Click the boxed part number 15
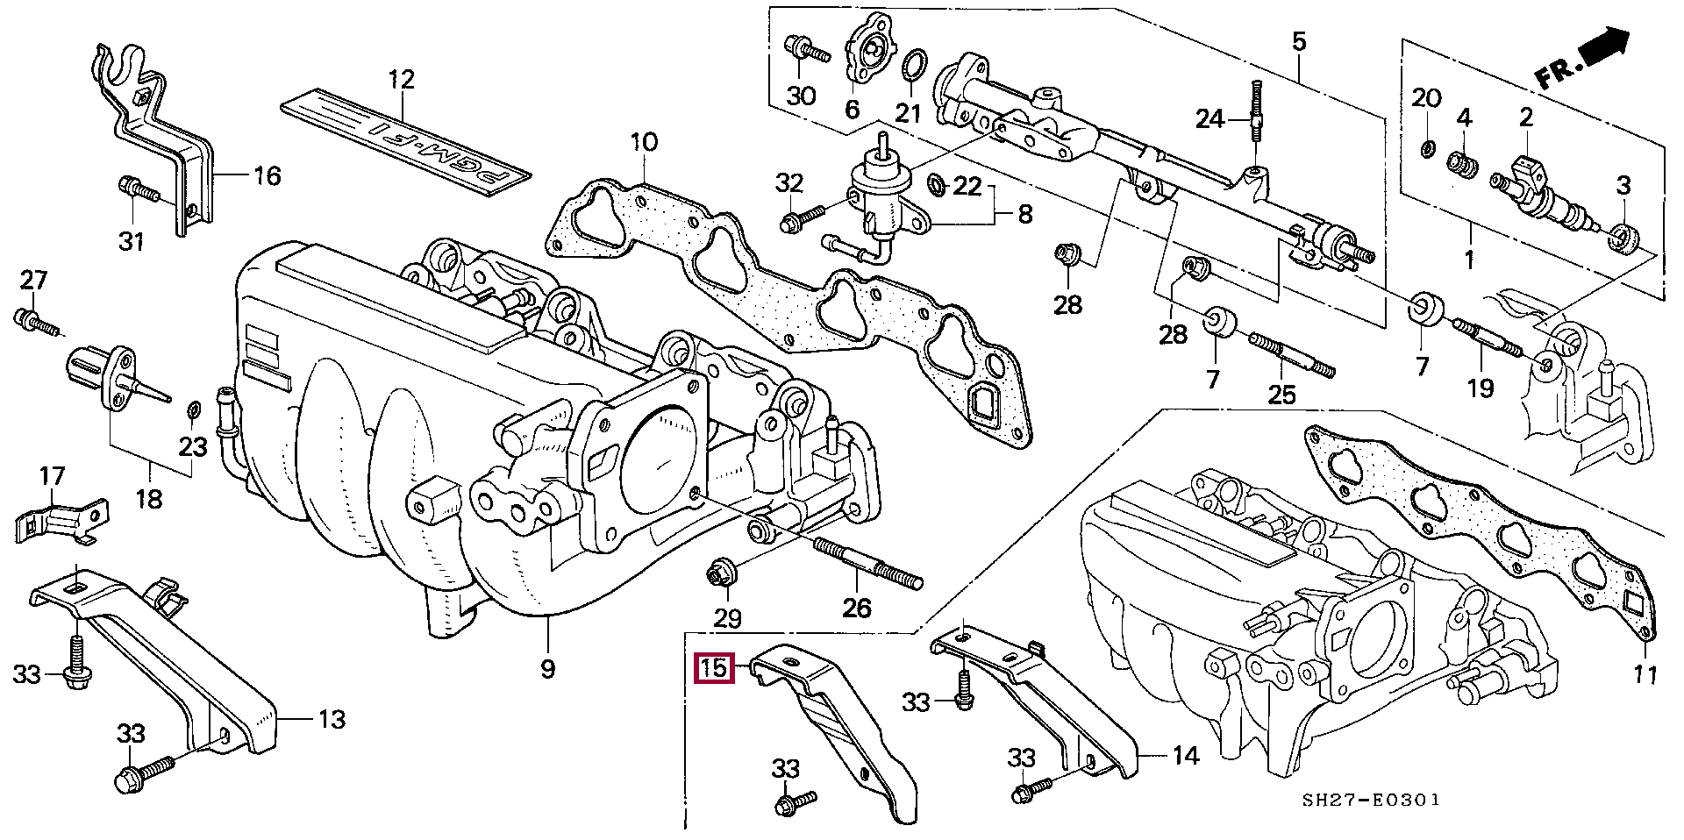pyautogui.click(x=712, y=668)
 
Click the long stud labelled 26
pyautogui.click(x=868, y=564)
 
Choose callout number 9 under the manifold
pyautogui.click(x=546, y=670)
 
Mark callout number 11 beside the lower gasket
pyautogui.click(x=1645, y=676)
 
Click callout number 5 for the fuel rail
pyautogui.click(x=1299, y=40)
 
